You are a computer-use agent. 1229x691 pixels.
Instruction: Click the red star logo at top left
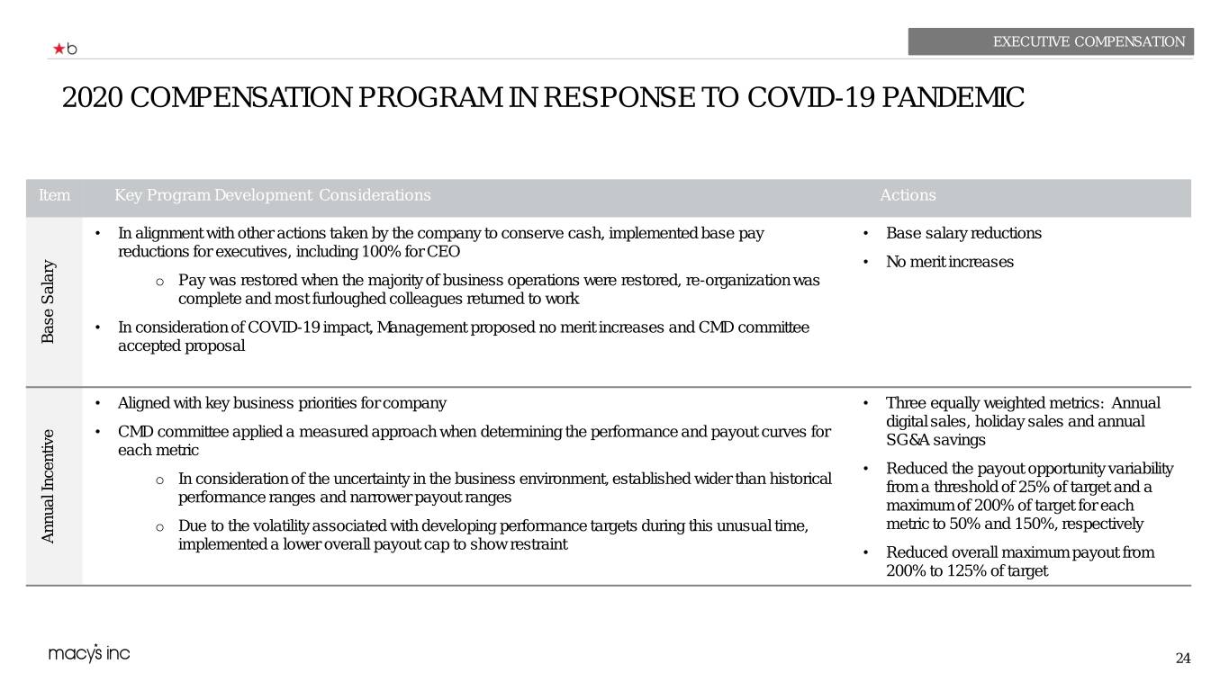coord(59,49)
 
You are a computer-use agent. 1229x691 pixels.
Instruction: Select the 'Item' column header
coord(54,195)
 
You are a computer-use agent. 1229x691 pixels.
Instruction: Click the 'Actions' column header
coord(908,195)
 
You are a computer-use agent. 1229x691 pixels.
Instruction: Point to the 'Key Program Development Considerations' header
coord(273,195)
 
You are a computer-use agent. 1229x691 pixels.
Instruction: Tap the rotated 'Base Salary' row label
coord(49,301)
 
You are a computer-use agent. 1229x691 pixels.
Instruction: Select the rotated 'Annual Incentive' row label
coord(49,486)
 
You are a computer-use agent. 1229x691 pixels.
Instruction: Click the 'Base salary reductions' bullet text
coord(963,234)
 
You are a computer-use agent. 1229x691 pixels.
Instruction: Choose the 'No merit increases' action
coord(950,262)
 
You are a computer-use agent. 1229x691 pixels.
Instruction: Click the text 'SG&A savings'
coord(936,440)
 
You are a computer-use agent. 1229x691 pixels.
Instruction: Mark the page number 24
coord(1182,659)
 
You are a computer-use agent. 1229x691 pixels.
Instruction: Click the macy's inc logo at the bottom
coord(89,654)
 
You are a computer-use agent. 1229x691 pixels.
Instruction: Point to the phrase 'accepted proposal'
coord(181,346)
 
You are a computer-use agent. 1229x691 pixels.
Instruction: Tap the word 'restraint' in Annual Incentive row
coord(537,544)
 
